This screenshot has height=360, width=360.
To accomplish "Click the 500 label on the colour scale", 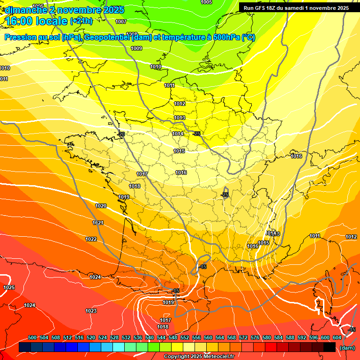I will pyautogui.click(x=32, y=338).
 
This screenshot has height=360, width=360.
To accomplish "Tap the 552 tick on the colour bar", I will pyautogui.click(x=185, y=338).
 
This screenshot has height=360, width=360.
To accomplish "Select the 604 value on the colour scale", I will pyautogui.click(x=337, y=338).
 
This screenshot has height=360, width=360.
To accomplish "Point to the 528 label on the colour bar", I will pyautogui.click(x=114, y=338).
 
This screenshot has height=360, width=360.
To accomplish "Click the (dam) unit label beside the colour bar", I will pyautogui.click(x=347, y=348).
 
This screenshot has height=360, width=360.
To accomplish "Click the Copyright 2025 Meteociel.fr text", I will pyautogui.click(x=199, y=357).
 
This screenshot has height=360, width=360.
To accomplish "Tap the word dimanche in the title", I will pyautogui.click(x=26, y=10).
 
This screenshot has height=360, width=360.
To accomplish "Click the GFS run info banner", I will pyautogui.click(x=296, y=8).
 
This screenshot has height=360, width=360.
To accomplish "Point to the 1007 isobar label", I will pyautogui.click(x=121, y=22).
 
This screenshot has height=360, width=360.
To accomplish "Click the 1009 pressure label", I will pyautogui.click(x=136, y=48).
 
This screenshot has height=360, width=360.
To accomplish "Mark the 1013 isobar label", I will pyautogui.click(x=180, y=118).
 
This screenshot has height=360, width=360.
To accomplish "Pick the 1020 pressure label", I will pyautogui.click(x=101, y=206).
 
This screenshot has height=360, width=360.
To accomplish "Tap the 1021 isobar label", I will pyautogui.click(x=98, y=223).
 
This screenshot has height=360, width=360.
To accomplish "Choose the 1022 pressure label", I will pyautogui.click(x=91, y=239).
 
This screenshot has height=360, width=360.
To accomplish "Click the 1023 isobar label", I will pyautogui.click(x=91, y=311).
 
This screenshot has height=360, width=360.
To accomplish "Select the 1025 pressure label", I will pyautogui.click(x=9, y=287).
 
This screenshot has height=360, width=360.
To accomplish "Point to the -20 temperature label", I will pyautogui.click(x=121, y=134).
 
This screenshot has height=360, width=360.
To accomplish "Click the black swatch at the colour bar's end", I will pyautogui.click(x=330, y=347).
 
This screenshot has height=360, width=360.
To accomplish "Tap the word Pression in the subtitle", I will pyautogui.click(x=21, y=37).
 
